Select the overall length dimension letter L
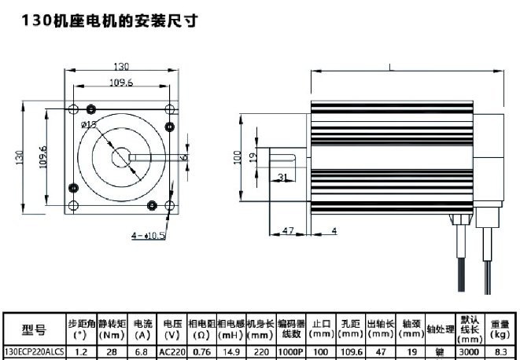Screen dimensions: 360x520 click(x=391, y=68)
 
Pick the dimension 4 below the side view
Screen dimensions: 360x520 click(x=334, y=230)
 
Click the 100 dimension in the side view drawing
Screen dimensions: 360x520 click(x=238, y=157)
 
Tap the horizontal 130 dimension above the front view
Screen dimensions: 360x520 click(x=120, y=68)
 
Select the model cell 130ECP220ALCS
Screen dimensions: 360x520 click(x=34, y=352)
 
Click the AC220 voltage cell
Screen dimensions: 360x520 click(x=171, y=352)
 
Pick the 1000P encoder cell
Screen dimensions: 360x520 click(x=290, y=352)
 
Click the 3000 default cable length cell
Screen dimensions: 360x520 click(x=469, y=352)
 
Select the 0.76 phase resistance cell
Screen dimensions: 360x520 click(x=201, y=352)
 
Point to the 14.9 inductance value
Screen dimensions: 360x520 click(x=231, y=352)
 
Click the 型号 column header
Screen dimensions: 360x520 click(x=34, y=329)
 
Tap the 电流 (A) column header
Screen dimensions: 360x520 click(x=143, y=329)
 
